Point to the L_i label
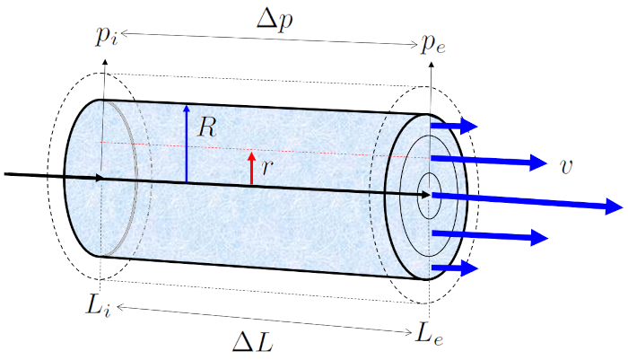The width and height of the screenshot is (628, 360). (x=100, y=305)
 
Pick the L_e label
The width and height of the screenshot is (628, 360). (x=430, y=334)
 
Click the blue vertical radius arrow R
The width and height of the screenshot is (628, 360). (x=186, y=144)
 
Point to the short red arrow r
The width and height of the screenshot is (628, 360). (x=252, y=169)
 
